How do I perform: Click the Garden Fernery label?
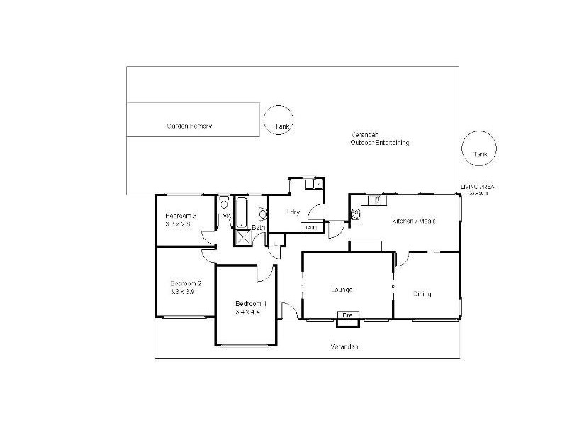(189, 126)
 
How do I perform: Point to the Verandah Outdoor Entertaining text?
(379, 138)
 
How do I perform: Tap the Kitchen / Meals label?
(413, 221)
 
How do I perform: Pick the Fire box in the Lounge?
(347, 315)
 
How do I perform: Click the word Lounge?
(342, 290)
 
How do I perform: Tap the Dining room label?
(422, 293)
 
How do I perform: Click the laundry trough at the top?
(313, 185)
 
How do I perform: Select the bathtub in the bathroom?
(242, 209)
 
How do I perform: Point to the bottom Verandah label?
(344, 347)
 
